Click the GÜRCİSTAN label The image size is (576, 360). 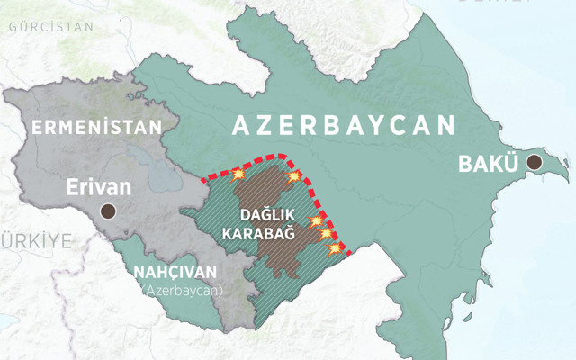click(50, 27)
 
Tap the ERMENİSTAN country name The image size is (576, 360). click(97, 127)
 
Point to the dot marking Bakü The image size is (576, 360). click(535, 163)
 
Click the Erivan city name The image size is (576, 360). click(100, 188)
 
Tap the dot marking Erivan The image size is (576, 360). click(108, 211)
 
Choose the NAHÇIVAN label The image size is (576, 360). click(175, 272)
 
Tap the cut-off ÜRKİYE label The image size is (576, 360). click(36, 240)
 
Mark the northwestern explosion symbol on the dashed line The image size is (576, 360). click(238, 174)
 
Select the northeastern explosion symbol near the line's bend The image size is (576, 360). click(292, 175)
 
